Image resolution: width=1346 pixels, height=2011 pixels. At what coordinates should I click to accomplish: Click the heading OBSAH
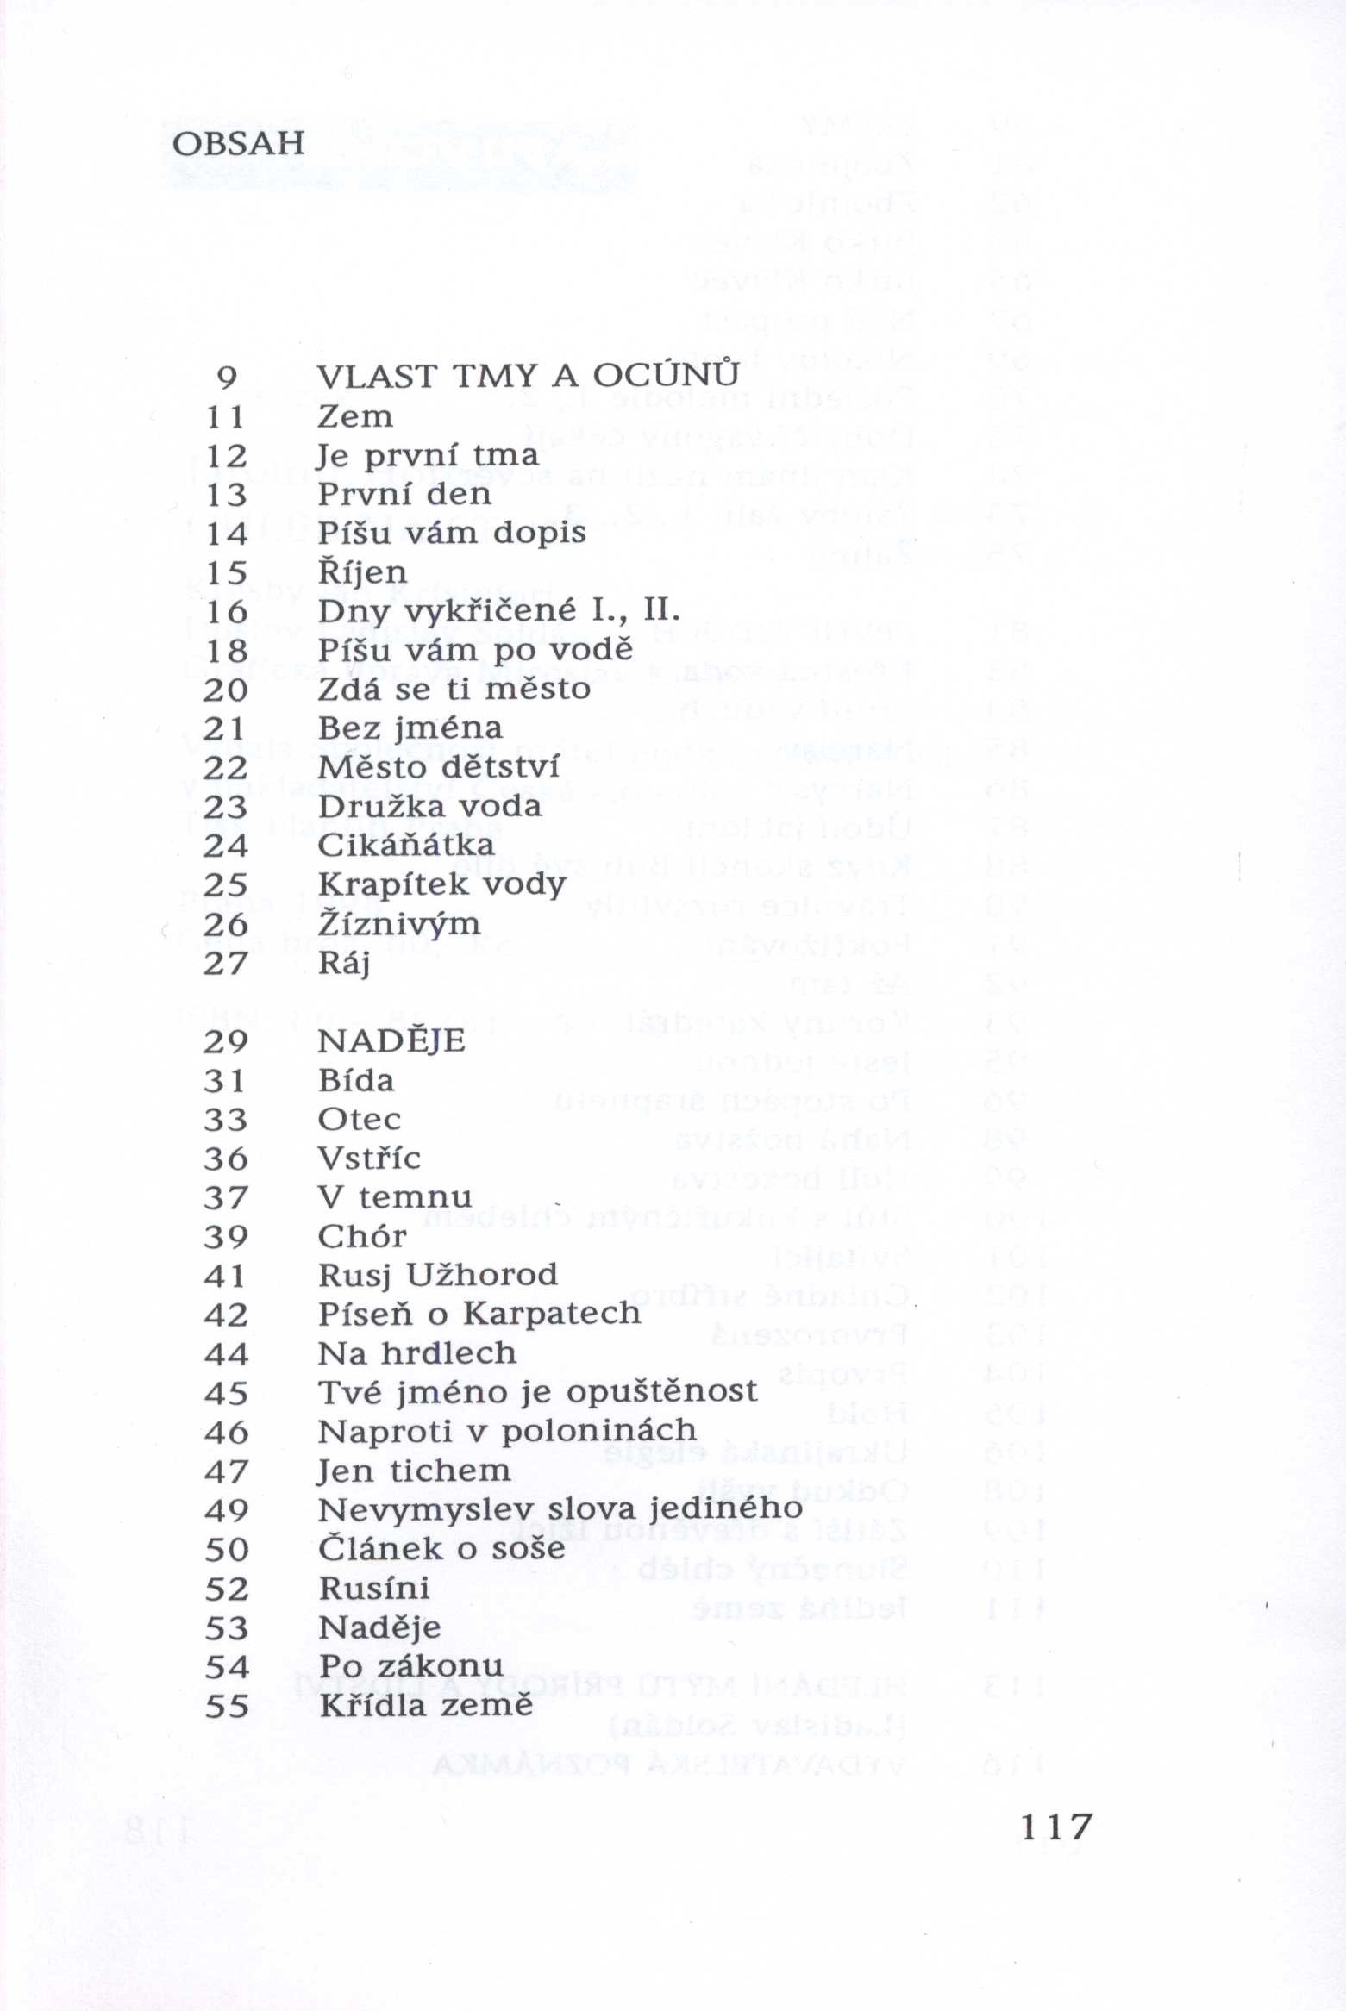tap(239, 142)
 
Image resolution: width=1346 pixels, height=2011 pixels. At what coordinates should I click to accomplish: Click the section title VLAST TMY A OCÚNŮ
tap(529, 376)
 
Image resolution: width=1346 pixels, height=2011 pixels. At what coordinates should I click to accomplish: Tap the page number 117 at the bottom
tap(1056, 1826)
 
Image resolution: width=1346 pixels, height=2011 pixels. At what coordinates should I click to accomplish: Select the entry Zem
tap(355, 416)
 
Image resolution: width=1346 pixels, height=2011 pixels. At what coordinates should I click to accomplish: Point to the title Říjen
tap(362, 572)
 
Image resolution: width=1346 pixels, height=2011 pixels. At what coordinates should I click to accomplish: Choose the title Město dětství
tap(439, 767)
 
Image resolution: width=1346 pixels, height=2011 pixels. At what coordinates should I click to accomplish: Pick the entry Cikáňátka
tap(406, 845)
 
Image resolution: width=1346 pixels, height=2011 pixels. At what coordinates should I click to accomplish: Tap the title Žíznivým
tap(399, 924)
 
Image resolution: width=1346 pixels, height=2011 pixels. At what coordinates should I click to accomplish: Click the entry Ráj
tap(344, 963)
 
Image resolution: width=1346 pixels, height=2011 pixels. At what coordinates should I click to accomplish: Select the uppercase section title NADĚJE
tap(391, 1041)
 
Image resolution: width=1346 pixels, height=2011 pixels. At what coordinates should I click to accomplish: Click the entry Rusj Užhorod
tap(438, 1275)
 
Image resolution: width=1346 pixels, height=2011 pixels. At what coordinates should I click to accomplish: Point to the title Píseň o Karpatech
tap(479, 1314)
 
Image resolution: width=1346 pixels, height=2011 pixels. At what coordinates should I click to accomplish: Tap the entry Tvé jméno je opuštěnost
tap(538, 1392)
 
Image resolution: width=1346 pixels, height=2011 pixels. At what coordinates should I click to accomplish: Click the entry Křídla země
tap(426, 1705)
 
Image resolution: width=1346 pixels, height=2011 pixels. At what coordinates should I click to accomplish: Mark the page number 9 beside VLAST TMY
tap(227, 377)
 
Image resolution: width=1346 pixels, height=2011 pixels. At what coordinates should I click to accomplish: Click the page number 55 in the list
tap(227, 1706)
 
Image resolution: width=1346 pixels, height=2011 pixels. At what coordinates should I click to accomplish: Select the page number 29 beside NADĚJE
tap(226, 1042)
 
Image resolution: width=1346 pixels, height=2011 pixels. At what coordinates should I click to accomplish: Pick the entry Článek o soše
tap(441, 1549)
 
